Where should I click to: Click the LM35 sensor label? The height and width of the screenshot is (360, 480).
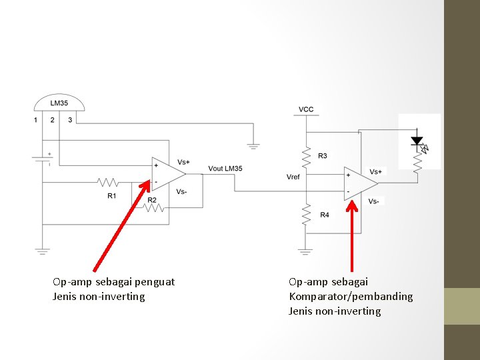(59, 103)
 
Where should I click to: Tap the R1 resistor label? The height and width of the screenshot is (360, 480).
(112, 195)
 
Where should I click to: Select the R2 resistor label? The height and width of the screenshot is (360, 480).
(152, 200)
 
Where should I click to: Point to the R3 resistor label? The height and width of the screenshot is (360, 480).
(323, 156)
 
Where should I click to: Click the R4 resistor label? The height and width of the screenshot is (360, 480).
(324, 215)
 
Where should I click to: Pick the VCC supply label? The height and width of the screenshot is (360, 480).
(306, 109)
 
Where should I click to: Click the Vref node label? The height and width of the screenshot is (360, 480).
(293, 177)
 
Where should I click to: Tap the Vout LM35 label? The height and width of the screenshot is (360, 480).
(225, 168)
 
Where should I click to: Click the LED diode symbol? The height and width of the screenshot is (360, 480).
(417, 141)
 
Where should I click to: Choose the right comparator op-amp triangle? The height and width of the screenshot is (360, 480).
(359, 182)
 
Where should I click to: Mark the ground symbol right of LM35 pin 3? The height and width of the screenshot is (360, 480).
(253, 145)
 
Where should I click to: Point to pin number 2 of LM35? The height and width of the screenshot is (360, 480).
(53, 120)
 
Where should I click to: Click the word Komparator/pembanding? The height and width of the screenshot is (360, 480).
(351, 297)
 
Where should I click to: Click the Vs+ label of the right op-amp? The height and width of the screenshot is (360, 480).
(377, 172)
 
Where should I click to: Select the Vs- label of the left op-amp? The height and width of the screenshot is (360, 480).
(182, 191)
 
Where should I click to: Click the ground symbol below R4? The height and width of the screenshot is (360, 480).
(305, 252)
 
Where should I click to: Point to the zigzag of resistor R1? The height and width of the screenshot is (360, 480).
(108, 181)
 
